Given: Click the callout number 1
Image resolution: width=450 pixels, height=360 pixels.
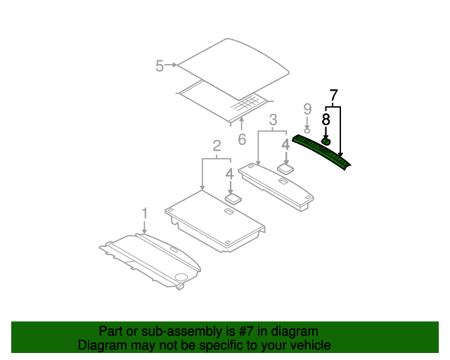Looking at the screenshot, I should pyautogui.click(x=145, y=213).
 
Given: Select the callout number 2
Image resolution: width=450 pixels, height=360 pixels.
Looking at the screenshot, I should pyautogui.click(x=217, y=146).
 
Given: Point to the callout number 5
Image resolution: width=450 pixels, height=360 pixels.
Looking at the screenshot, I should pyautogui.click(x=160, y=66).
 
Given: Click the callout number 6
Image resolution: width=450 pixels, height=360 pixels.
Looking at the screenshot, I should pyautogui.click(x=242, y=139).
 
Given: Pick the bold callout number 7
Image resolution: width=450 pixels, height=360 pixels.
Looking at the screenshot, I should pyautogui.click(x=333, y=94).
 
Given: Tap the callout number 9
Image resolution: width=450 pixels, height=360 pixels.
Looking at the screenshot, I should pyautogui.click(x=307, y=108).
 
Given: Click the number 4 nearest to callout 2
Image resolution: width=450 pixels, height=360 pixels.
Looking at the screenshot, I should pyautogui.click(x=230, y=173).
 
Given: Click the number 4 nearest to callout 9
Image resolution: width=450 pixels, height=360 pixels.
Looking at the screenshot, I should pyautogui.click(x=285, y=145).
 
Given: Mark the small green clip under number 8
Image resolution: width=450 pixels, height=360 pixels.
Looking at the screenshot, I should pyautogui.click(x=326, y=141).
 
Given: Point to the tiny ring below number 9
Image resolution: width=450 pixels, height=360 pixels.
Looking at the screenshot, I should pyautogui.click(x=307, y=128).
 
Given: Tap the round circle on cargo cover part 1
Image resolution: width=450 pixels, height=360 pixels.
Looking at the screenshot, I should pyautogui.click(x=181, y=277).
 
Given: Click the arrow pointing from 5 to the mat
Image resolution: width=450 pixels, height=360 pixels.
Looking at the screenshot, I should pyautogui.click(x=172, y=65).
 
